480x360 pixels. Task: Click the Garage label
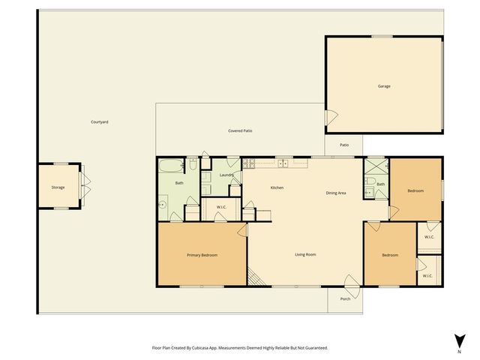(x=383, y=86)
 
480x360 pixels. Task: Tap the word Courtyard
(x=100, y=121)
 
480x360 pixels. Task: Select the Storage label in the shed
(x=58, y=187)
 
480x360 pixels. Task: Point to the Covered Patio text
(x=240, y=130)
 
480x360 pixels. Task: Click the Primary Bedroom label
(x=202, y=255)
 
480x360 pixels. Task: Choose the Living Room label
(x=304, y=255)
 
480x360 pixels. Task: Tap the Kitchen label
(x=277, y=187)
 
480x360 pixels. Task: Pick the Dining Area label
(x=335, y=193)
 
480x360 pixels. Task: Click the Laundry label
(x=227, y=175)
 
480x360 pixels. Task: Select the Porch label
(x=345, y=298)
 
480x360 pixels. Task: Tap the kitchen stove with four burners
(x=250, y=163)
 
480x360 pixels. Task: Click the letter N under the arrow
(x=459, y=351)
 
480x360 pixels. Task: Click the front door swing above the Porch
(x=351, y=283)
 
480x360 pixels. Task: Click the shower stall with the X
(x=375, y=166)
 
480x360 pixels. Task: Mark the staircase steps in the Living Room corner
(x=256, y=279)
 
